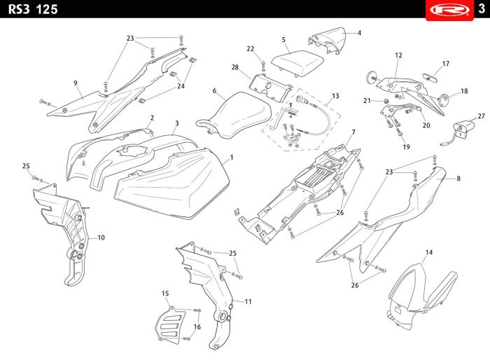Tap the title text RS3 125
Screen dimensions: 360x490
pyautogui.click(x=33, y=9)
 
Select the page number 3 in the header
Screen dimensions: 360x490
pyautogui.click(x=482, y=8)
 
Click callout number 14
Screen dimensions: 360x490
pyautogui.click(x=429, y=251)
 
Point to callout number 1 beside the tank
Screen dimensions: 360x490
pyautogui.click(x=232, y=158)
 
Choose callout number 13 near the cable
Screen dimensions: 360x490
pyautogui.click(x=335, y=95)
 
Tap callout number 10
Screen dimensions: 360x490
pyautogui.click(x=101, y=237)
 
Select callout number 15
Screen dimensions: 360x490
pyautogui.click(x=165, y=293)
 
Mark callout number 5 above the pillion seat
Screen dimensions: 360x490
pyautogui.click(x=283, y=40)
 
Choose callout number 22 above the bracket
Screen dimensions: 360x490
pyautogui.click(x=251, y=48)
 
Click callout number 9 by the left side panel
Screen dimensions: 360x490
pyautogui.click(x=75, y=83)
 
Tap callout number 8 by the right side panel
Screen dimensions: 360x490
pyautogui.click(x=458, y=179)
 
